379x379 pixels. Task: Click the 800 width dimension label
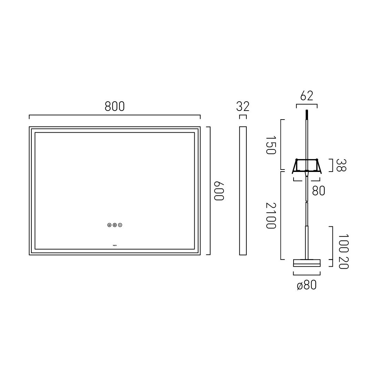pyautogui.click(x=114, y=107)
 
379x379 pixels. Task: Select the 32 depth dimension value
pyautogui.click(x=243, y=106)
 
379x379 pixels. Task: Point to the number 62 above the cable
pyautogui.click(x=306, y=96)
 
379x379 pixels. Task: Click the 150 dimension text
pyautogui.click(x=271, y=145)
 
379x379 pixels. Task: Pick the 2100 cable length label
pyautogui.click(x=271, y=215)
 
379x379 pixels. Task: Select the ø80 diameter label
pyautogui.click(x=306, y=285)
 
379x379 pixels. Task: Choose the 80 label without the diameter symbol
pyautogui.click(x=318, y=191)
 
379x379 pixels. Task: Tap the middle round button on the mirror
pyautogui.click(x=115, y=225)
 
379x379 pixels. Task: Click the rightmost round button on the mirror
pyautogui.click(x=120, y=225)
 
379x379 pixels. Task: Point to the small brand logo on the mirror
pyautogui.click(x=115, y=245)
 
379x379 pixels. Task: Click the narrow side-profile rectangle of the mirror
pyautogui.click(x=243, y=191)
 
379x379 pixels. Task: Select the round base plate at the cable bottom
pyautogui.click(x=306, y=263)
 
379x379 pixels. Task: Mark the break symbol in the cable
pyautogui.click(x=306, y=204)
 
